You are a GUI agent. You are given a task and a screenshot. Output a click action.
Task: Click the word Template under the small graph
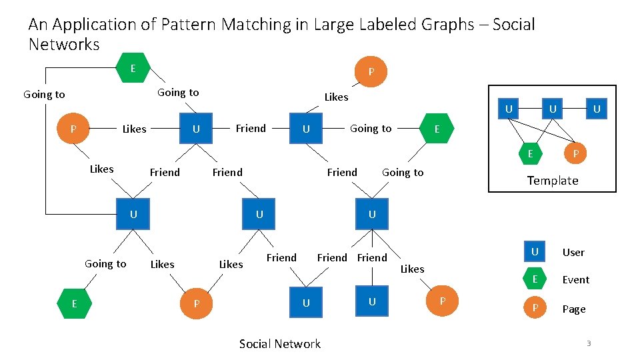pyautogui.click(x=552, y=180)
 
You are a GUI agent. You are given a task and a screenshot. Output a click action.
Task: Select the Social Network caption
pyautogui.click(x=279, y=343)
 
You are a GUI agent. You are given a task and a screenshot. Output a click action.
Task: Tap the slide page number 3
pyautogui.click(x=589, y=343)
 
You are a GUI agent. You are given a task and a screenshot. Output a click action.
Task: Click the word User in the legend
pyautogui.click(x=573, y=252)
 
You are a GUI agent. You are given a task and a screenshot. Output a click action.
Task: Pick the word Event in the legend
pyautogui.click(x=575, y=280)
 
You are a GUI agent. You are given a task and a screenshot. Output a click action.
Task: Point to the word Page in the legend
pyautogui.click(x=573, y=309)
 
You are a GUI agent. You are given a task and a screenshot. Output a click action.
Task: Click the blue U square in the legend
pyautogui.click(x=534, y=251)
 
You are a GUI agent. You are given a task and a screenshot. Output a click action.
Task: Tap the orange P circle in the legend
pyautogui.click(x=534, y=309)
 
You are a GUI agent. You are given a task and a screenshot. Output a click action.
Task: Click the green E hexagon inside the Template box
pyautogui.click(x=530, y=154)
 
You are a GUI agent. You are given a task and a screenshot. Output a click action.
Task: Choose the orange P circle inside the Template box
pyautogui.click(x=575, y=154)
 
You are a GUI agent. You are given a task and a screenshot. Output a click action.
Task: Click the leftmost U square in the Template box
pyautogui.click(x=509, y=109)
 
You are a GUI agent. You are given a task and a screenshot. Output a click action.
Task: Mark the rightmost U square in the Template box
pyautogui.click(x=597, y=109)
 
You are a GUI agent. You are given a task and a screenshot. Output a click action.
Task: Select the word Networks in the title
pyautogui.click(x=64, y=45)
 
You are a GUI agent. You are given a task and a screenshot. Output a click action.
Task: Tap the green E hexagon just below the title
pyautogui.click(x=133, y=69)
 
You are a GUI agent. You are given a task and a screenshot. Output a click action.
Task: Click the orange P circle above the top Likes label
pyautogui.click(x=371, y=72)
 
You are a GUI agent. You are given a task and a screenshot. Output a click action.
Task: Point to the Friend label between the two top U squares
pyautogui.click(x=251, y=128)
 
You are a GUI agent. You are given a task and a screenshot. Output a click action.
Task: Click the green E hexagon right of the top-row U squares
pyautogui.click(x=437, y=129)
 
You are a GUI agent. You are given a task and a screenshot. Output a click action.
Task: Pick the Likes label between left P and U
pyautogui.click(x=134, y=129)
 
